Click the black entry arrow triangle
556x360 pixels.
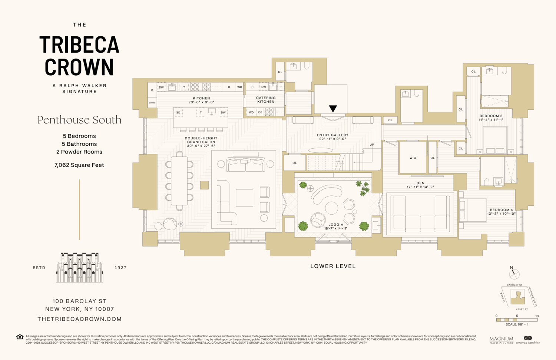point(333,108)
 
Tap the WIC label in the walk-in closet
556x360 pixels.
point(413,158)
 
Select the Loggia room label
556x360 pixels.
point(336,225)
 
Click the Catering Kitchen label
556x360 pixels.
point(266,100)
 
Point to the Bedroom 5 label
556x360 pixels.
point(491,116)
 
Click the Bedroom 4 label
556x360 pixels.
point(501,210)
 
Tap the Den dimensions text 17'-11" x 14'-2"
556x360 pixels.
point(420,187)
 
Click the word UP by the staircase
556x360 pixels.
point(372,145)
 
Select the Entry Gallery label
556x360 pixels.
point(332,135)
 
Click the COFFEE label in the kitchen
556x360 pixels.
point(152,103)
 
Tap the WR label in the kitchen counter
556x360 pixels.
point(239,87)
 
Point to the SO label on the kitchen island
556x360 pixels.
point(178,112)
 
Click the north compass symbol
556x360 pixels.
point(514,274)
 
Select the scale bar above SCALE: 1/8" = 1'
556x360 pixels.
point(517,320)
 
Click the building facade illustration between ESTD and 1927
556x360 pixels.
point(80,268)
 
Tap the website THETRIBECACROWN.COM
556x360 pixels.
point(79,319)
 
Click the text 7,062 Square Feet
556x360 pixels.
point(79,165)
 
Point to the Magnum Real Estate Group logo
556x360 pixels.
point(501,340)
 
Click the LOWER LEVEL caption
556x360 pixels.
point(333,266)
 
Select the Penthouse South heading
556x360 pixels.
point(79,120)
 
